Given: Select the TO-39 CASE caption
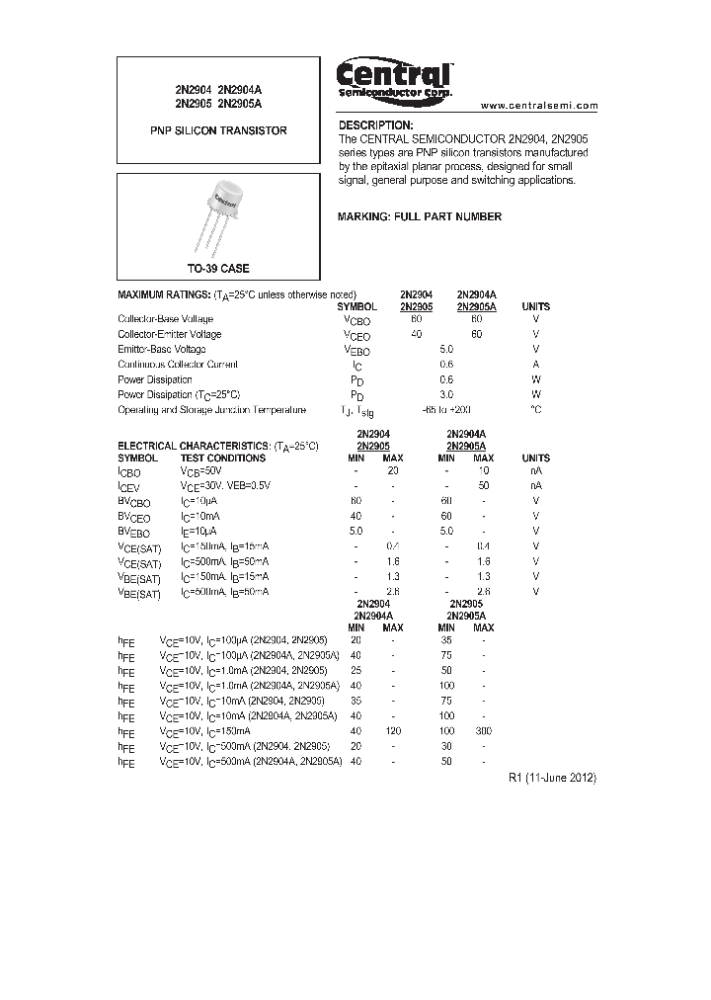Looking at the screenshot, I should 219,269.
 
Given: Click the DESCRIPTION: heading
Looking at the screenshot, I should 375,125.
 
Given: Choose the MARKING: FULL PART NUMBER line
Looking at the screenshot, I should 420,216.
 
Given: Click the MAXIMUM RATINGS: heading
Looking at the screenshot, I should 163,294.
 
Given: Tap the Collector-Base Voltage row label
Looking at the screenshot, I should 165,319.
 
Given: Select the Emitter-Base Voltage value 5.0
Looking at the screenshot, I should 446,349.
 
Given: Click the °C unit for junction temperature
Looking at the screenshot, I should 535,409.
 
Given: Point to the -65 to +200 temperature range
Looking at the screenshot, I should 446,409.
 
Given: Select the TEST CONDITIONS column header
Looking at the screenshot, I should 222,458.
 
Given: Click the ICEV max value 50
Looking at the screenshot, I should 483,486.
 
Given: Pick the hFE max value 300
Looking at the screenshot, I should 483,730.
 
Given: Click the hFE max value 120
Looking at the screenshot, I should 392,730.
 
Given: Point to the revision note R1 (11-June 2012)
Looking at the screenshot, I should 552,778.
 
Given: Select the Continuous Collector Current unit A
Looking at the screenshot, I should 535,365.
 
